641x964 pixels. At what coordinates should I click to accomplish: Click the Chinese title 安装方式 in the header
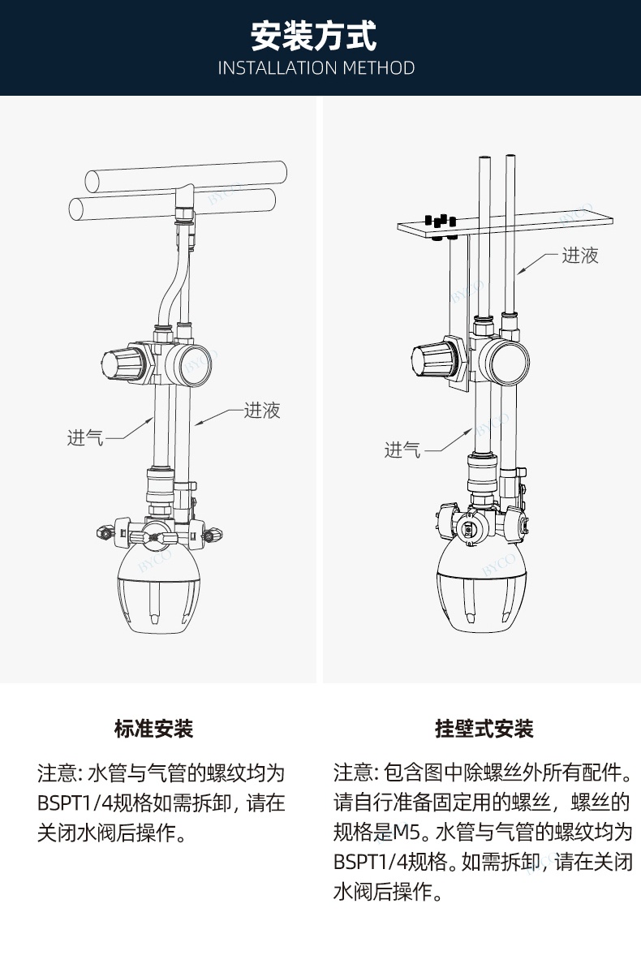314,37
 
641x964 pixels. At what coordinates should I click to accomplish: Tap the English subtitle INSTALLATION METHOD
316,68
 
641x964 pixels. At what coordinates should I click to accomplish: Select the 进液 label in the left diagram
262,411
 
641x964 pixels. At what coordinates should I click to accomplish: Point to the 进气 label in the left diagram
85,438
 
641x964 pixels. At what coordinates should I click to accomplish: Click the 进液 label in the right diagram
580,256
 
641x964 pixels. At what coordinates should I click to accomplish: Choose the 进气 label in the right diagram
402,450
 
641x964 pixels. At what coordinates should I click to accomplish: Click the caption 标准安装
154,729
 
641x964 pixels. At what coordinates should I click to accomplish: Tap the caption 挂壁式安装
484,729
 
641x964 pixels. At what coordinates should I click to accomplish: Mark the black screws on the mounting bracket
439,220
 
